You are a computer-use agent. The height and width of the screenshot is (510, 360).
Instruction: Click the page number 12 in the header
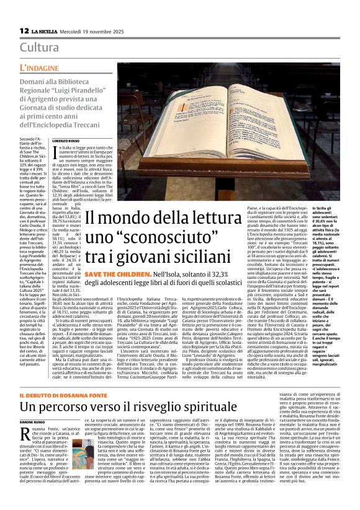[24, 30]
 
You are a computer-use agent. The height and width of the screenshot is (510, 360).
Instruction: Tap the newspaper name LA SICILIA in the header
[47, 31]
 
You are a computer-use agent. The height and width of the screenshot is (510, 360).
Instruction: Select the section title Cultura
[40, 48]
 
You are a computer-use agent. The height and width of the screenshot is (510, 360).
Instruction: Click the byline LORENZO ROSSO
[88, 142]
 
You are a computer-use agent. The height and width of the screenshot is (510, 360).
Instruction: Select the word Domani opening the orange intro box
[34, 81]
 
